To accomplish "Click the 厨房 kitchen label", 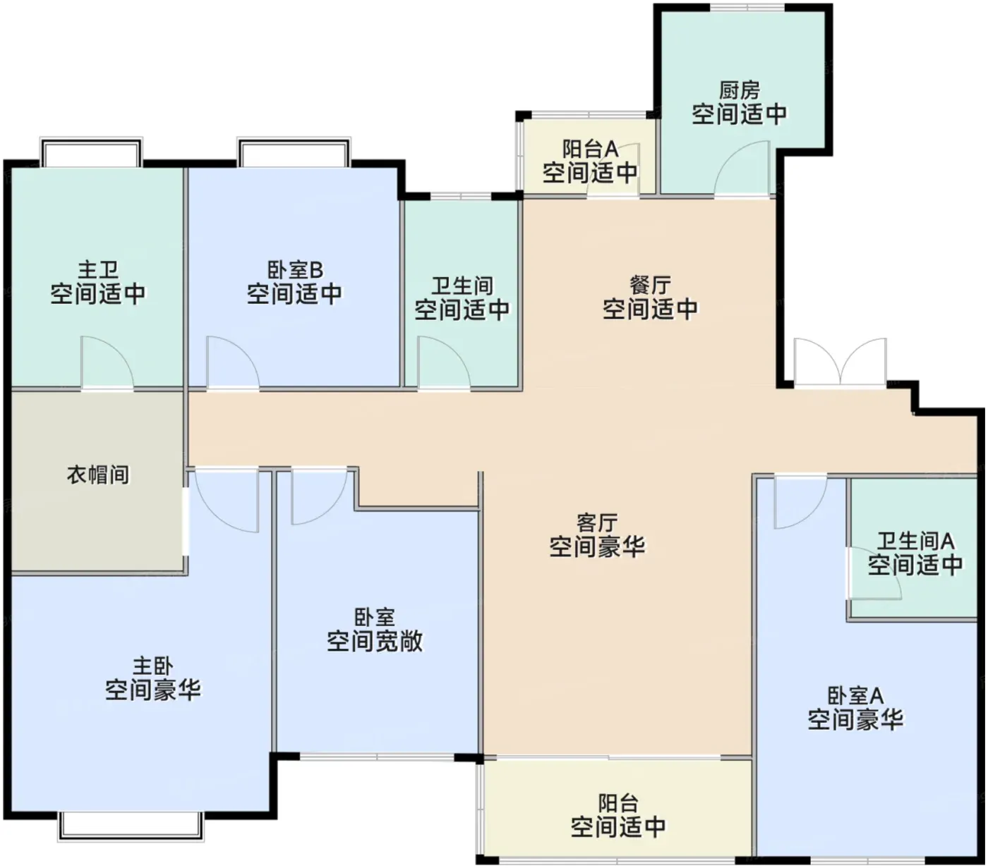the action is point(739,90).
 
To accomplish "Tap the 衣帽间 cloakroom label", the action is point(98,475).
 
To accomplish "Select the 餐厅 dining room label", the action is point(650,286).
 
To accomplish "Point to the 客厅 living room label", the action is point(597,523).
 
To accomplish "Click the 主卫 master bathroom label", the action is point(98,269).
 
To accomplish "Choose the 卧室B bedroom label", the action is point(295,269).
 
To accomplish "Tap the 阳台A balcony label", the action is point(591,149).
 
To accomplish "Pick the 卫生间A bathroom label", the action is point(915,541).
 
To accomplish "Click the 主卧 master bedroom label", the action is point(153,665).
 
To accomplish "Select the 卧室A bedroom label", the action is point(855,695).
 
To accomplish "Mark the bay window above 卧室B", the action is point(294,152).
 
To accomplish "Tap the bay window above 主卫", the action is point(91,152).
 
